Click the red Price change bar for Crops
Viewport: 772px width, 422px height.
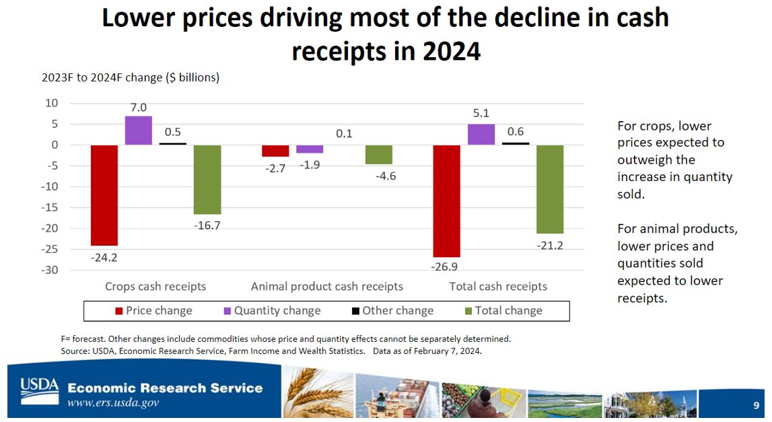tap(104, 195)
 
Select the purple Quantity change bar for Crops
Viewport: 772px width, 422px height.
tap(139, 131)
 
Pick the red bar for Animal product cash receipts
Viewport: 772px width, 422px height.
tap(275, 151)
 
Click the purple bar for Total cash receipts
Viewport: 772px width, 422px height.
tap(481, 135)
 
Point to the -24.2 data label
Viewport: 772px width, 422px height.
tap(104, 257)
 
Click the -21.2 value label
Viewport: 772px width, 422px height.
tap(550, 245)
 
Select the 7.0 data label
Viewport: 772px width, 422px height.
tap(139, 107)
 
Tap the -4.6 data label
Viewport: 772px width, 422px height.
tap(379, 176)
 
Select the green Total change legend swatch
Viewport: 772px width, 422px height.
tap(468, 311)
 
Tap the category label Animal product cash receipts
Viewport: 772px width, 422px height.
tap(326, 286)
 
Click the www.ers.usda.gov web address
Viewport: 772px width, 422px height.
tap(113, 403)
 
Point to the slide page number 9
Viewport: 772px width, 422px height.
tap(756, 405)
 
